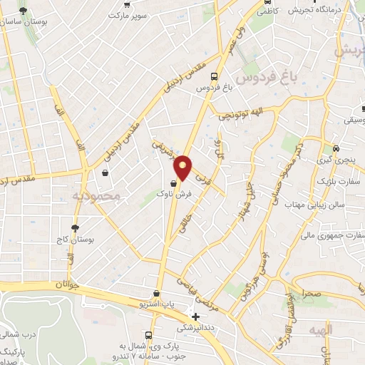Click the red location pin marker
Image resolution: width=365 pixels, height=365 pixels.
click(x=183, y=168)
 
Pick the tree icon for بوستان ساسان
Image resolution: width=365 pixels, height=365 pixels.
click(x=24, y=11)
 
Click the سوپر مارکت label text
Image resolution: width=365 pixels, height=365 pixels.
click(x=128, y=14)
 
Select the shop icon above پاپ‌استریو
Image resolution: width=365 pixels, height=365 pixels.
click(x=156, y=293)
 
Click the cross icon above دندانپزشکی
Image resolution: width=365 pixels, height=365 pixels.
click(x=196, y=317)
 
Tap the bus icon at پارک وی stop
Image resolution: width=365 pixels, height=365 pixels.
click(x=148, y=335)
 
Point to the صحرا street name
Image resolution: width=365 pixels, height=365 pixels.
click(x=310, y=292)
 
